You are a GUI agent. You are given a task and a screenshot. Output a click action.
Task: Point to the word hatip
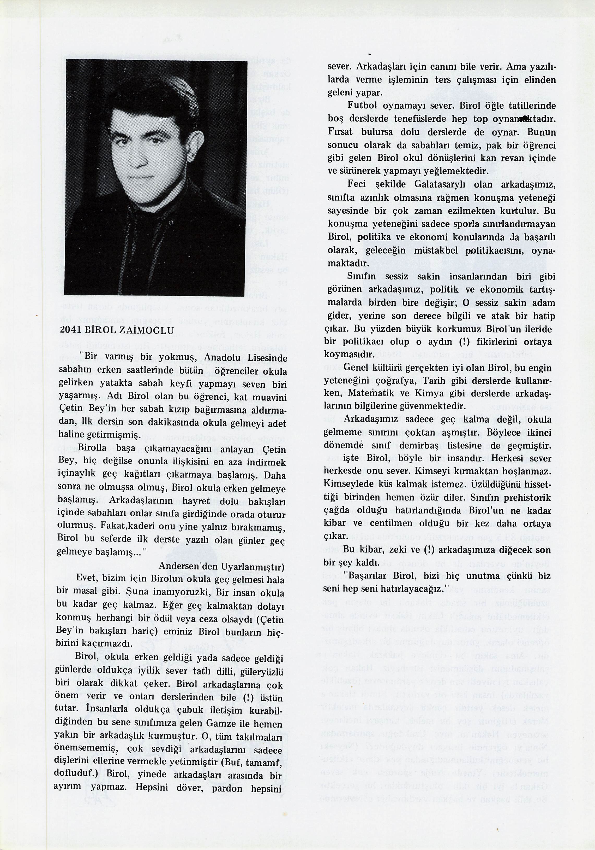pos(544,316)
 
